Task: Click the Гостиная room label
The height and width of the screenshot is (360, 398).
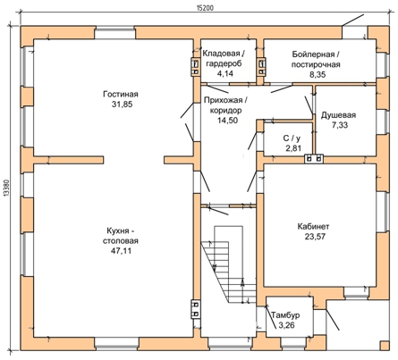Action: [x=121, y=94]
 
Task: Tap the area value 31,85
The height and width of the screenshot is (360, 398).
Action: [x=121, y=105]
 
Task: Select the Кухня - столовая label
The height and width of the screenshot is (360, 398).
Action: [x=121, y=236]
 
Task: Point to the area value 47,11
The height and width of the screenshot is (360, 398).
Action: [x=121, y=251]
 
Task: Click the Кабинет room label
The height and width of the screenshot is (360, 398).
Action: [x=313, y=227]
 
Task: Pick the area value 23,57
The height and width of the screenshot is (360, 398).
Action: [x=315, y=237]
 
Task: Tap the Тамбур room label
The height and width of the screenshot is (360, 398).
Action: [x=285, y=315]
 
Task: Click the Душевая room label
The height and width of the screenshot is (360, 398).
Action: [x=338, y=115]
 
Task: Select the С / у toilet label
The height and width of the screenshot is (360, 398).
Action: [x=292, y=138]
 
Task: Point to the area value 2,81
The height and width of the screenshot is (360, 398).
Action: [x=293, y=148]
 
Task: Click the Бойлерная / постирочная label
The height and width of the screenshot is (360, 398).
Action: [x=316, y=59]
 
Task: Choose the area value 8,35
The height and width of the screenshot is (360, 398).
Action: [x=318, y=74]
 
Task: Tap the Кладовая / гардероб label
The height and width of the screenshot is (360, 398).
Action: [x=224, y=58]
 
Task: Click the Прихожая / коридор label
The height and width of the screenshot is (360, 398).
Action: [x=225, y=105]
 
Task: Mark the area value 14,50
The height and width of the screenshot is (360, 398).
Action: [x=227, y=121]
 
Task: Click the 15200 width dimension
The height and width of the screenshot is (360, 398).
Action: [x=205, y=8]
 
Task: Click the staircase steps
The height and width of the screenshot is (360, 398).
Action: [x=229, y=264]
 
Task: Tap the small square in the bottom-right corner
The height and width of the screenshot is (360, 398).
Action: [x=385, y=346]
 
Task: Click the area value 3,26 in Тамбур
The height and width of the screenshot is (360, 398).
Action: [x=286, y=325]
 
